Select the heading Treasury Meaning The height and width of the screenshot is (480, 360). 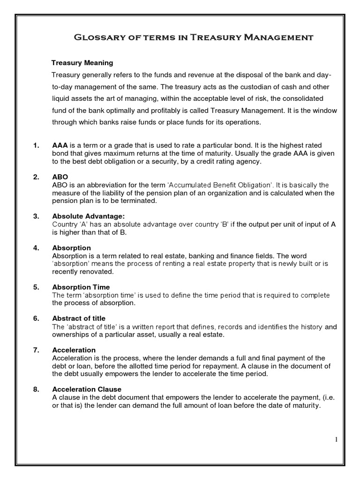point(82,62)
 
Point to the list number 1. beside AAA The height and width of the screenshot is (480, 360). point(36,146)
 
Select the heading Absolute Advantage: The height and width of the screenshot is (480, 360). point(89,216)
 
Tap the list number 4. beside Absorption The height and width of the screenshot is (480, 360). point(36,248)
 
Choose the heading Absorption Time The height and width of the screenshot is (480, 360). point(81,287)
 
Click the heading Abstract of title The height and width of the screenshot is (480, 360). point(78,318)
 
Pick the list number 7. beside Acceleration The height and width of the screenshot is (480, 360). point(36,350)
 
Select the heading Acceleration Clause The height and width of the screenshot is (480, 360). point(87,389)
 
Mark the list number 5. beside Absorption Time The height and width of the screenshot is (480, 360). point(36,287)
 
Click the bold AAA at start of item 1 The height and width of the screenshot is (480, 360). point(60,146)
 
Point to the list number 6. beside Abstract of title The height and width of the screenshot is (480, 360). point(36,318)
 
